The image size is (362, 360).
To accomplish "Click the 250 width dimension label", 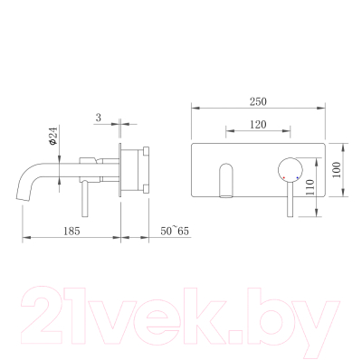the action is pos(258,101).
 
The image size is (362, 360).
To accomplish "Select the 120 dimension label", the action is pos(258,124).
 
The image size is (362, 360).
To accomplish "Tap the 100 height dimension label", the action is pos(337,170).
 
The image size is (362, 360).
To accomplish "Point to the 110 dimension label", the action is pos(310,187).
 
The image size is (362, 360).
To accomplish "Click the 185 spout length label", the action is pos(71,231).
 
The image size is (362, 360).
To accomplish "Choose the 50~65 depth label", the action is pos(175,231).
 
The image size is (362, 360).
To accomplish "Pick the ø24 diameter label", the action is pos(52,136).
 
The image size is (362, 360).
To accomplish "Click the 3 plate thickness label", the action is pos(99,118).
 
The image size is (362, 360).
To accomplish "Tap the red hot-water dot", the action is pos(284,177).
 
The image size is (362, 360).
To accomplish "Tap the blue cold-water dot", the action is pos(298,177).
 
